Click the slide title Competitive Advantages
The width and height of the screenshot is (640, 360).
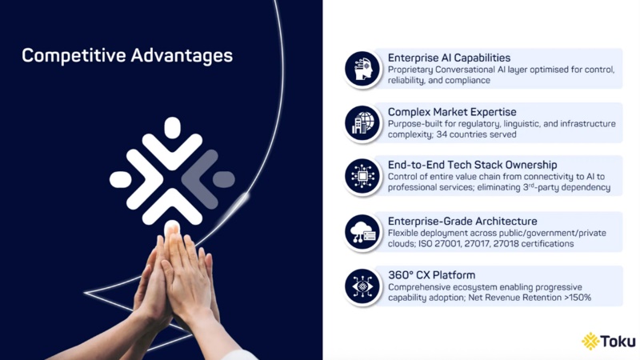(x=127, y=56)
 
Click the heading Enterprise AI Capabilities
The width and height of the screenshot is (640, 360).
(x=449, y=58)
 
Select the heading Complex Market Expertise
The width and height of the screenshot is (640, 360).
(x=452, y=112)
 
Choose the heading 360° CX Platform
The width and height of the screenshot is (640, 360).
(x=431, y=275)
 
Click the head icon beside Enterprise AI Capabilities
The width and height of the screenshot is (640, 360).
(x=362, y=69)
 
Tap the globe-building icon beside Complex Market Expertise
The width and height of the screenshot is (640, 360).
(x=362, y=122)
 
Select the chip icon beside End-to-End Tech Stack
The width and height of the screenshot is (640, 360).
(x=362, y=177)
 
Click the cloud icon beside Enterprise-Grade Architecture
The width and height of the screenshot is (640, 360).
(x=362, y=232)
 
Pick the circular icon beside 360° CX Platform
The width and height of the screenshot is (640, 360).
(x=362, y=286)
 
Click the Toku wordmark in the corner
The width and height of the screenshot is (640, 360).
(x=620, y=342)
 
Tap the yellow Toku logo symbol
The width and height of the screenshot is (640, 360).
(x=590, y=342)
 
